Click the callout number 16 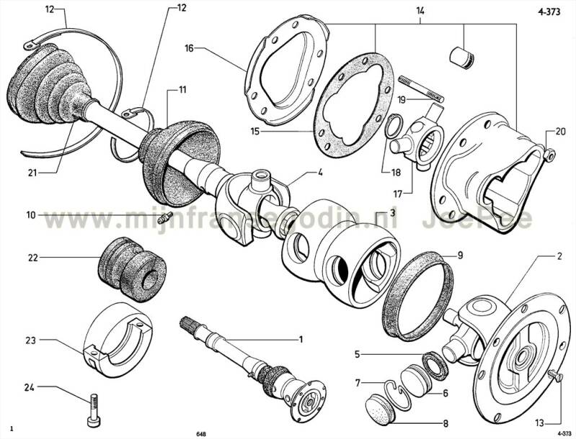pos(189,49)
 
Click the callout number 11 pos(182,90)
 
